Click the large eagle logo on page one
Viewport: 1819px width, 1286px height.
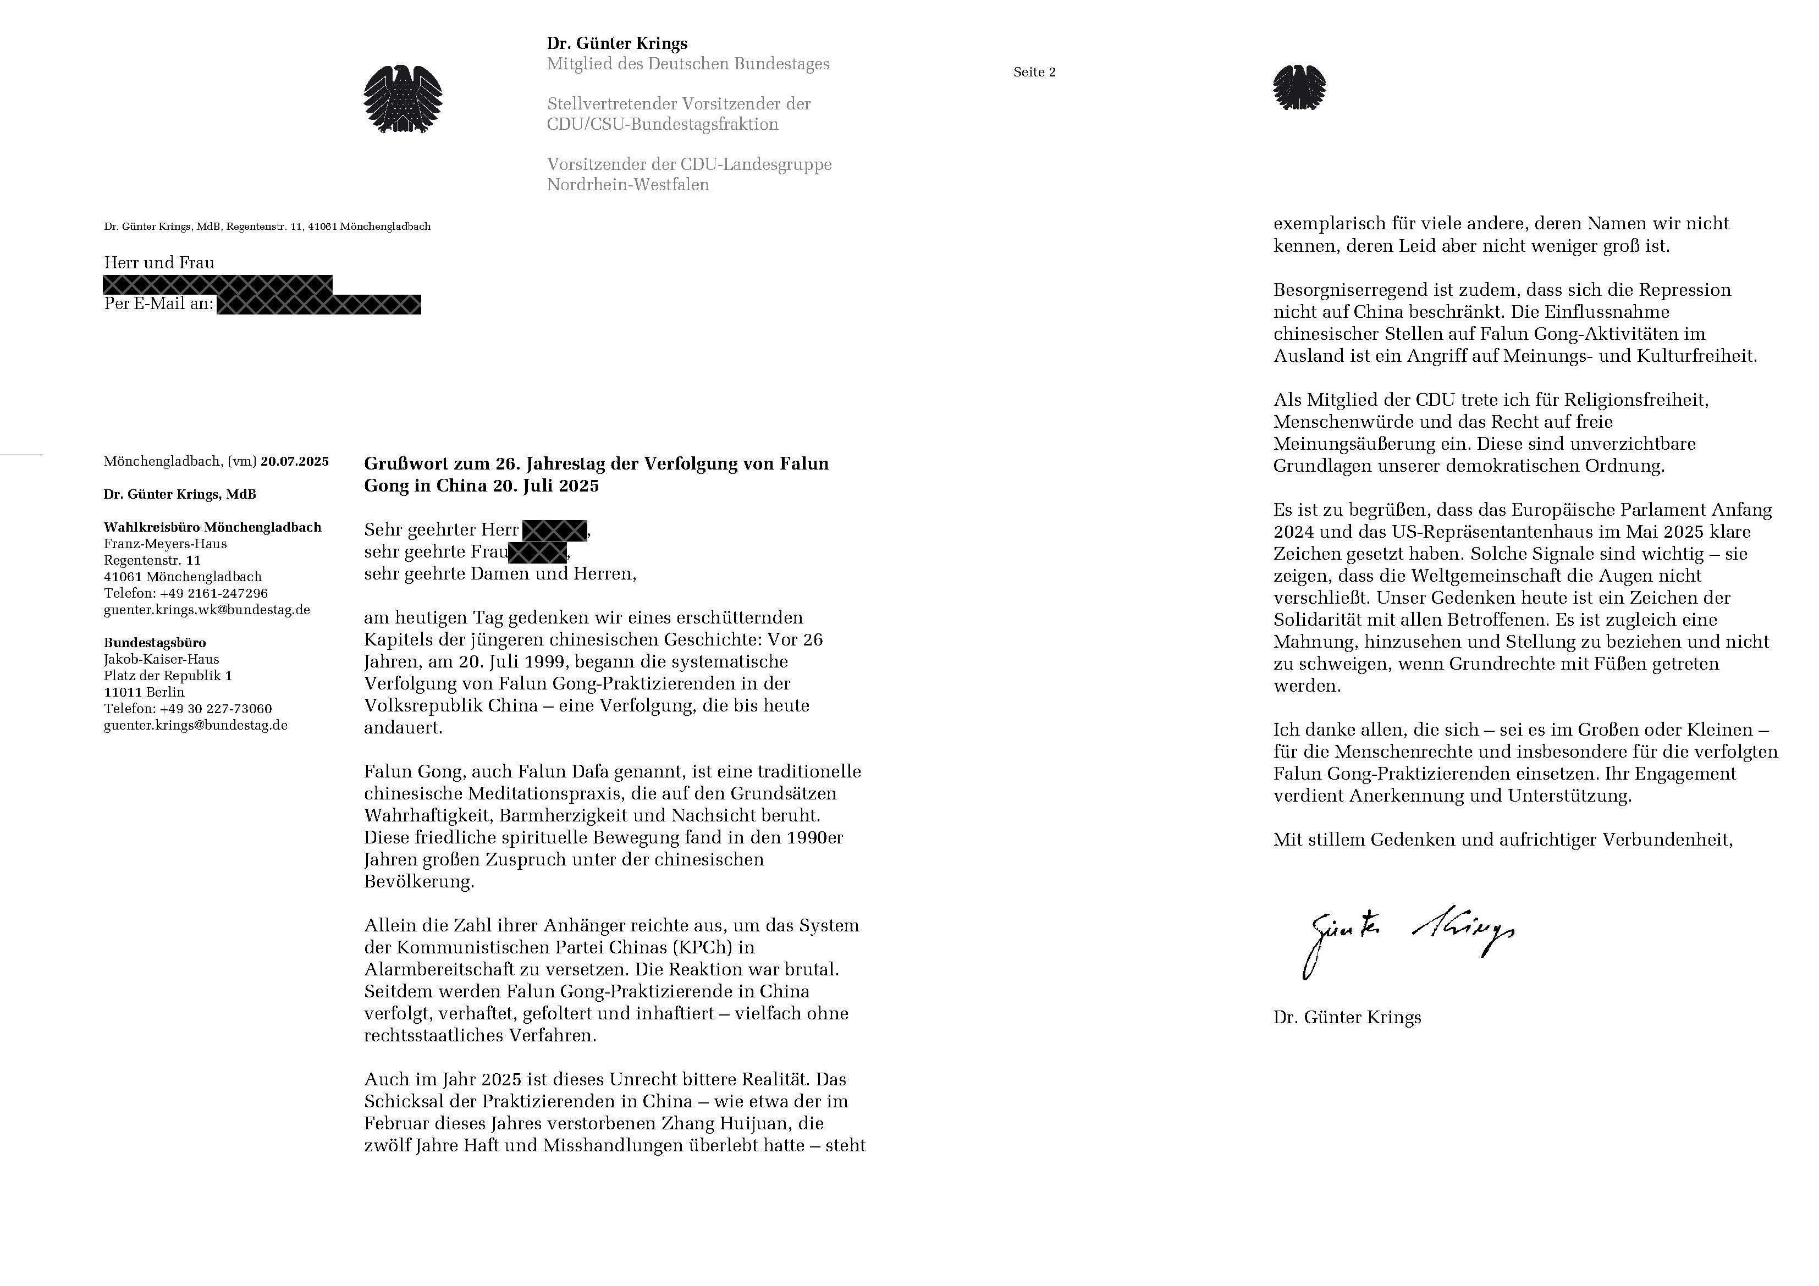(x=403, y=99)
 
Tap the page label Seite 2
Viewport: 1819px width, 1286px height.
(x=1034, y=72)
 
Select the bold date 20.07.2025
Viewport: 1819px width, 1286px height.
(x=294, y=461)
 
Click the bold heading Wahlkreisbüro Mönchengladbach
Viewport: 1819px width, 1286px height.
(x=212, y=527)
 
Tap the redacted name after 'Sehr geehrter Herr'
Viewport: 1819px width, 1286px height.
(x=555, y=530)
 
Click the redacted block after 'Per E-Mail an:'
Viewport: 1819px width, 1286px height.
(x=318, y=304)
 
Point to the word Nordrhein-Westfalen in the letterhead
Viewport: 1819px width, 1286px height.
(x=627, y=185)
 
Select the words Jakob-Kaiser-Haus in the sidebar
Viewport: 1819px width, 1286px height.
(x=162, y=659)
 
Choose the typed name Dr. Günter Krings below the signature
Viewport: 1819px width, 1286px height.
(x=1347, y=1017)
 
